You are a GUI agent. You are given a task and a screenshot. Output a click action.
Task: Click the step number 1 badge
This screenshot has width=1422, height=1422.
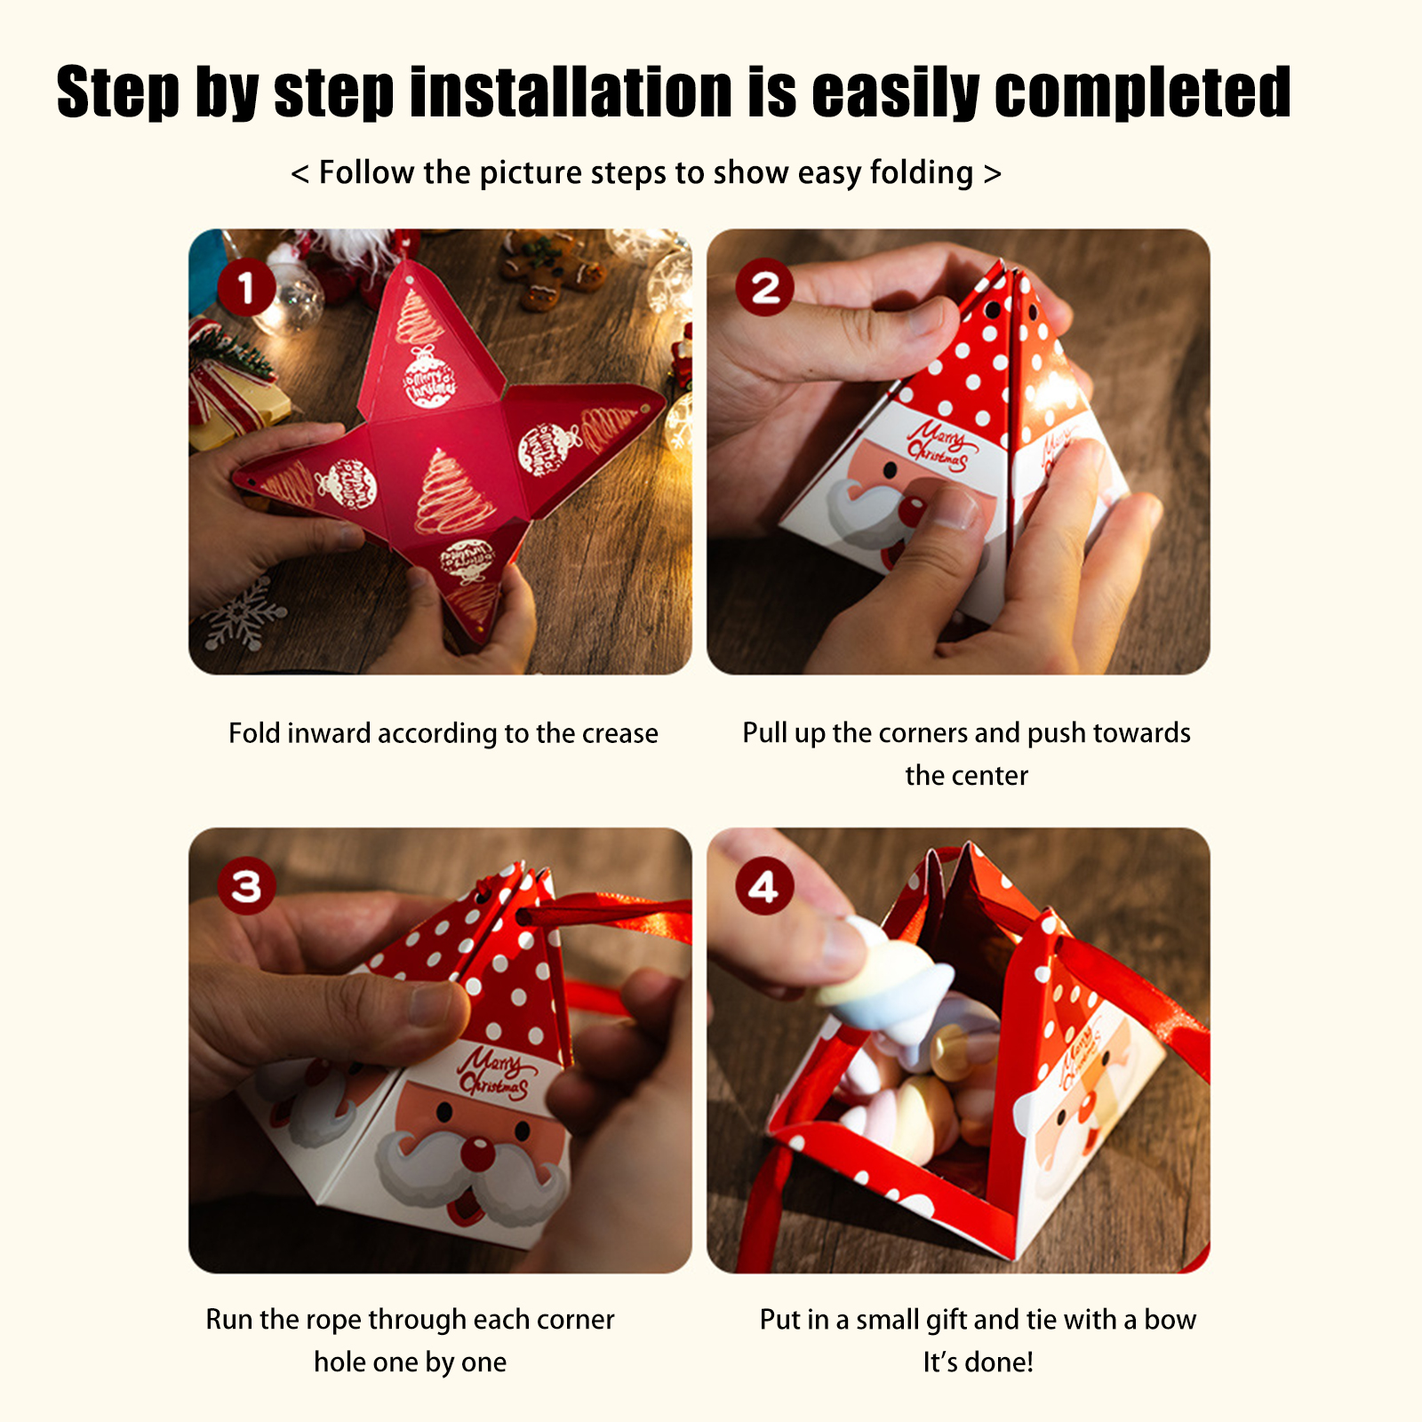point(246,287)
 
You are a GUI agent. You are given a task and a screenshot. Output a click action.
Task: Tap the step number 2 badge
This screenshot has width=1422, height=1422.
point(765,287)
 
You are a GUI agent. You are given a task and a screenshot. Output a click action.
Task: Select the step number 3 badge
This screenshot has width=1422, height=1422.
point(246,886)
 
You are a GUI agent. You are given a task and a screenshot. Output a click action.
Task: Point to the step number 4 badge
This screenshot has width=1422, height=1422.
point(764,886)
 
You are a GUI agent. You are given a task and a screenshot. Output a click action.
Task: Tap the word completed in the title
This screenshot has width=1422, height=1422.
point(1142,92)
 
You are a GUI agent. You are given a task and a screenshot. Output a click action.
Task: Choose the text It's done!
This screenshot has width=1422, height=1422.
point(978,1362)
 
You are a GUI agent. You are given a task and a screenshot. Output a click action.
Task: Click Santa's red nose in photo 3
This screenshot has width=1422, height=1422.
point(477,1154)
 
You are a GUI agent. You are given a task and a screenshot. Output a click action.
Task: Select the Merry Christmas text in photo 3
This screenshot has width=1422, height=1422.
point(494,1074)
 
